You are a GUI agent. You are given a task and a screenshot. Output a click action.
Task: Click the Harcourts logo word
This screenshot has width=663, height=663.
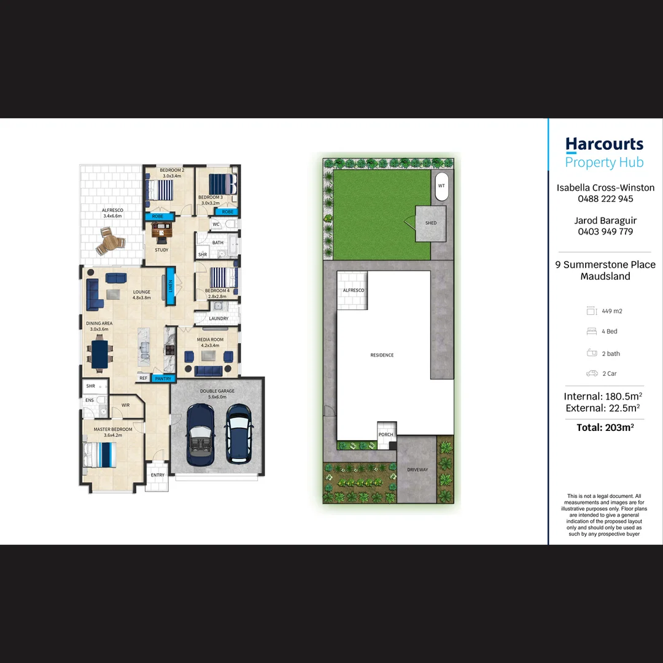(x=604, y=144)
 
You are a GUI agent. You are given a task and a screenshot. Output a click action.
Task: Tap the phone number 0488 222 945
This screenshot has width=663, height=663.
(x=605, y=199)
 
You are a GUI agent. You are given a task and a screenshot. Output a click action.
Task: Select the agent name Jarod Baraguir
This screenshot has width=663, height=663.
(x=605, y=220)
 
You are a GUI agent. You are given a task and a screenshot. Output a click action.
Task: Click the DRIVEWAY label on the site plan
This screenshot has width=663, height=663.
(x=417, y=470)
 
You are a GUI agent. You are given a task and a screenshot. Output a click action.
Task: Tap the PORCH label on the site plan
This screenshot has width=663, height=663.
(x=386, y=435)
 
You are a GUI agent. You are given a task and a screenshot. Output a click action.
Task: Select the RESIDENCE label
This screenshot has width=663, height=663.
(x=382, y=355)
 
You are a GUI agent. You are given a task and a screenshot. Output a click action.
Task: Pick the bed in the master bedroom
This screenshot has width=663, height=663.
(x=98, y=454)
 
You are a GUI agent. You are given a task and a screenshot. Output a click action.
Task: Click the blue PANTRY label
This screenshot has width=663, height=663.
(x=163, y=379)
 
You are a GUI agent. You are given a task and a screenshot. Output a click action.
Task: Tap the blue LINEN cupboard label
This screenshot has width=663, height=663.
(x=171, y=287)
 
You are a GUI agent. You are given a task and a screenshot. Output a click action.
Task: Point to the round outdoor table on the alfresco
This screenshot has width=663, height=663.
(x=110, y=241)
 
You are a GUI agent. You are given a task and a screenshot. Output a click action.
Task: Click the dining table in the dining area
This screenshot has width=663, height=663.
(x=99, y=354)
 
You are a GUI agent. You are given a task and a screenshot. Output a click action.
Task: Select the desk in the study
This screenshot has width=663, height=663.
(x=161, y=231)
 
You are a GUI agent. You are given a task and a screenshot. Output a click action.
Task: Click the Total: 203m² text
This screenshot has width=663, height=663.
(x=605, y=427)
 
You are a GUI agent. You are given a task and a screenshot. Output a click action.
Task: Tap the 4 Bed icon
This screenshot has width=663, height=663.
(x=592, y=331)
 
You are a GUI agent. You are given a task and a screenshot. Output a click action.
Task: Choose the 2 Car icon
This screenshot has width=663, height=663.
(x=592, y=373)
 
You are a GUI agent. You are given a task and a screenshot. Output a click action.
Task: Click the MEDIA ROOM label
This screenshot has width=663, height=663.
(x=210, y=339)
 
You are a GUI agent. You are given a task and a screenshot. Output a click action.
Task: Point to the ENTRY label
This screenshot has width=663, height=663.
(x=158, y=475)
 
